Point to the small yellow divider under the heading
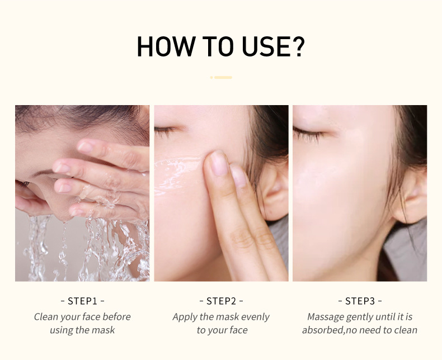[222, 77]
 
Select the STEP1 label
[82, 301]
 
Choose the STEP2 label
[221, 301]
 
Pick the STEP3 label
[360, 301]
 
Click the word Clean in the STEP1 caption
[46, 317]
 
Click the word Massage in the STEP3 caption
[326, 317]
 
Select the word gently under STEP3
[363, 318]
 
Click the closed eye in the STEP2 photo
[164, 131]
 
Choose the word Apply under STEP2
[185, 318]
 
